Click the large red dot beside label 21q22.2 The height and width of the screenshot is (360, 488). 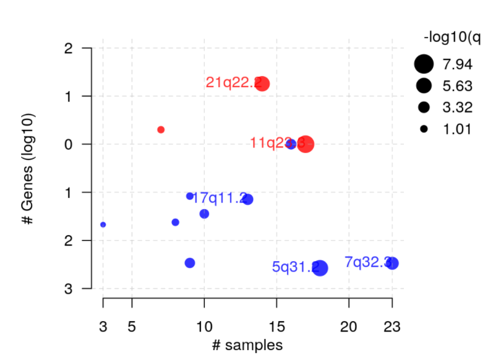[262, 84]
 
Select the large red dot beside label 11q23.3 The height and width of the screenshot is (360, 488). [306, 144]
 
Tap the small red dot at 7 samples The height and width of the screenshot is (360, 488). [161, 129]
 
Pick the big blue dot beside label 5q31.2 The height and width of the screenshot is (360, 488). [320, 268]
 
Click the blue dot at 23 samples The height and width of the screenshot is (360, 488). [392, 264]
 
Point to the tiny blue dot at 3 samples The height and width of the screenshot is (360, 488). [103, 225]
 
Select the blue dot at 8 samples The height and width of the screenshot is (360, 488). [175, 222]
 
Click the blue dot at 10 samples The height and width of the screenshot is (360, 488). [204, 214]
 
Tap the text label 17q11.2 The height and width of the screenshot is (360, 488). [220, 198]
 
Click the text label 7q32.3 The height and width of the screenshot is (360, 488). [367, 262]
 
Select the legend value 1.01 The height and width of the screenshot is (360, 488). [456, 130]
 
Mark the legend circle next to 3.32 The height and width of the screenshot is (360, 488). [424, 108]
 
